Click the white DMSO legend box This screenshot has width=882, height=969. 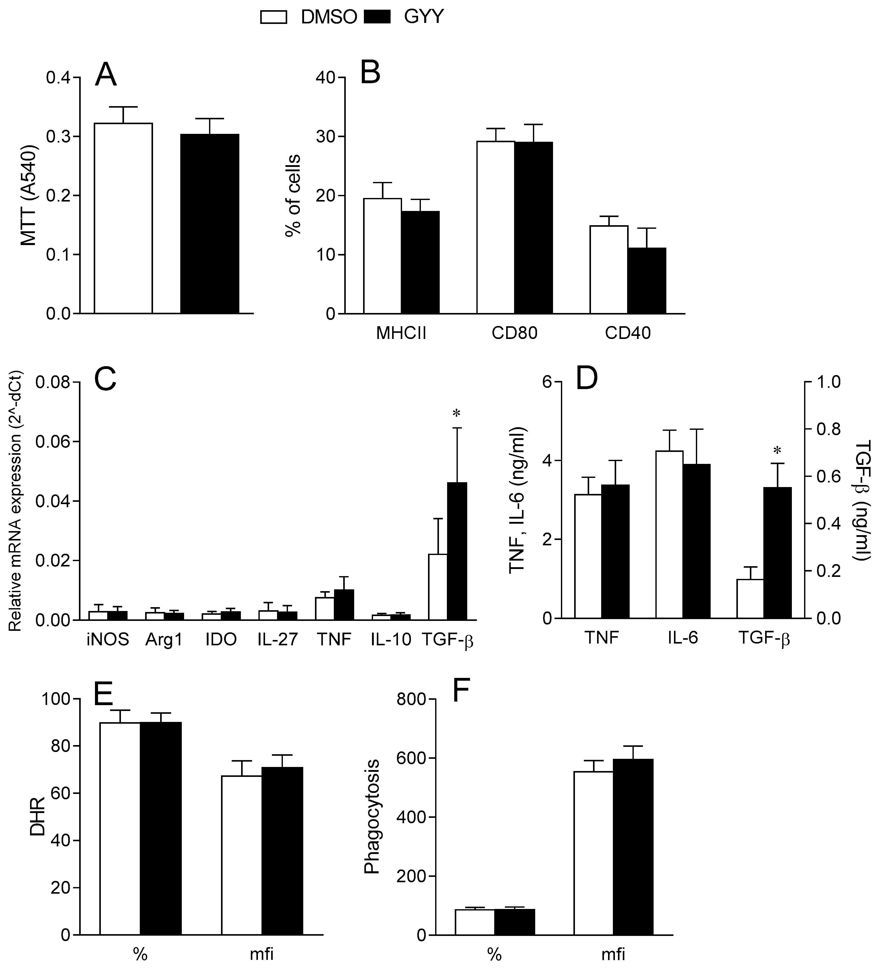[273, 17]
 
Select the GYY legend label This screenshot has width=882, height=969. [423, 17]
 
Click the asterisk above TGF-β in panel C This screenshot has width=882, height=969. [456, 413]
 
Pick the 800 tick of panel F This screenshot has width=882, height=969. [412, 700]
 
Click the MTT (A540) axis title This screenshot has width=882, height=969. [29, 195]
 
